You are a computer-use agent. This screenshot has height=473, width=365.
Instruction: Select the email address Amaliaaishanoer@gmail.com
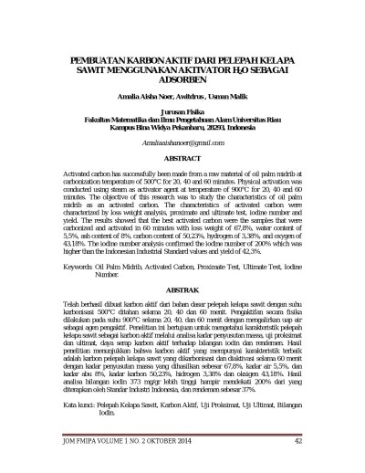coord(182,144)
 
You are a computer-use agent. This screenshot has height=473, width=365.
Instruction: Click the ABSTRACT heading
coord(182,158)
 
